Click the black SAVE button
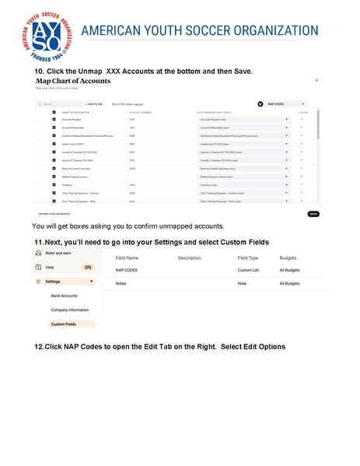click(313, 213)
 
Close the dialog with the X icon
click(316, 80)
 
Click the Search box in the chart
click(58, 103)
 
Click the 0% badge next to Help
click(88, 267)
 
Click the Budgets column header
click(289, 258)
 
